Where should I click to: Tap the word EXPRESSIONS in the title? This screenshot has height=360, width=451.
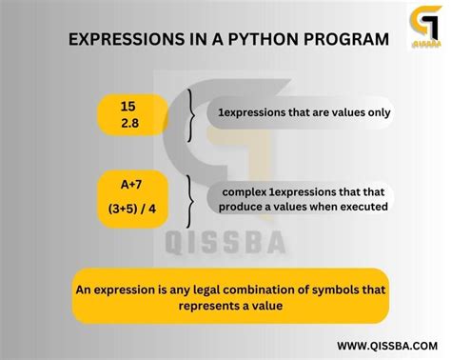(119, 42)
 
